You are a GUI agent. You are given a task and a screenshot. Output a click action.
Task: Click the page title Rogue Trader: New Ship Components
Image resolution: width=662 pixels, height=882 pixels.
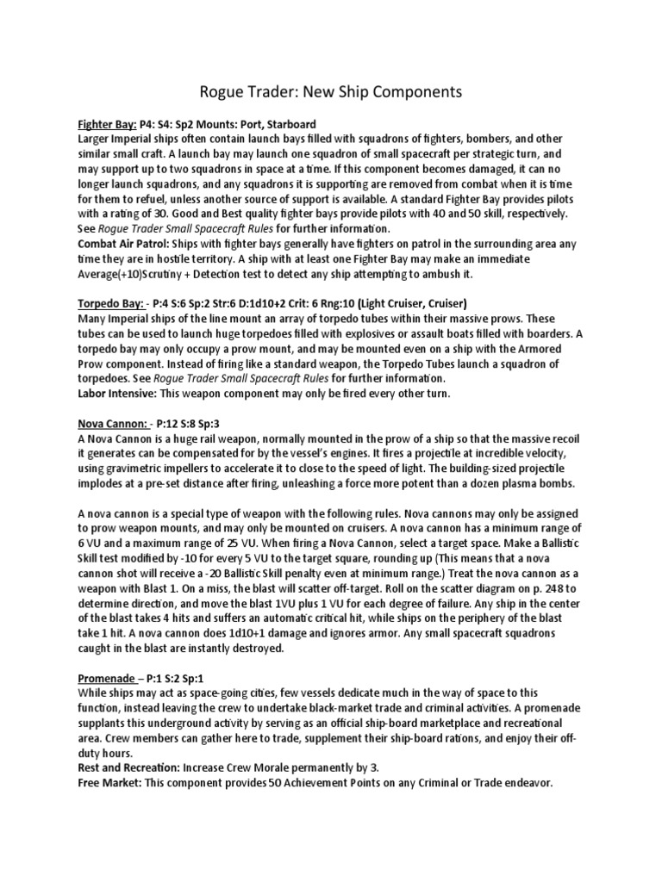(331, 91)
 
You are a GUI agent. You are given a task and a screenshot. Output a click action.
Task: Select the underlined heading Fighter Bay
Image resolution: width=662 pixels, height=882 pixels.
(103, 124)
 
